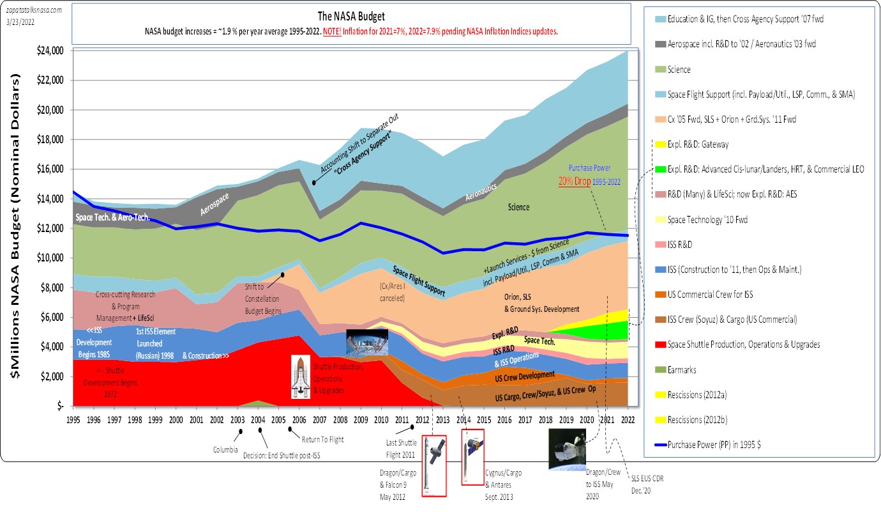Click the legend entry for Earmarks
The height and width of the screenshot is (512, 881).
tap(682, 369)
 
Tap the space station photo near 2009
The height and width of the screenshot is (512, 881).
tap(366, 342)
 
